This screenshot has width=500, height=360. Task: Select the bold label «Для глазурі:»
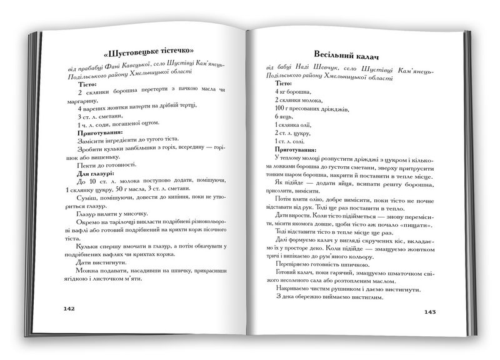96,173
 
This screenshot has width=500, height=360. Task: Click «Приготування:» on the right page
296,150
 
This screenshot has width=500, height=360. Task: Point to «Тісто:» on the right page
283,83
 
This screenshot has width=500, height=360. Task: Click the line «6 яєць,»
284,116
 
